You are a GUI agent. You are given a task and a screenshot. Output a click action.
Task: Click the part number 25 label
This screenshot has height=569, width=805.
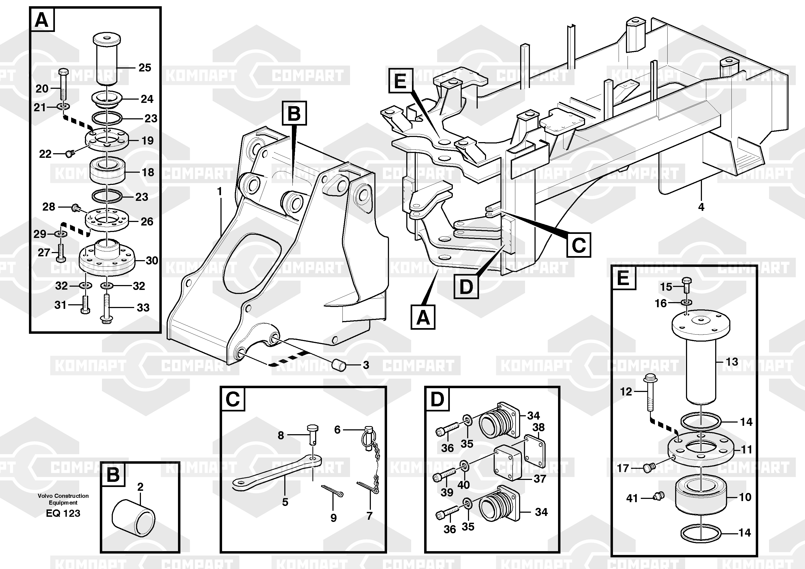(145, 67)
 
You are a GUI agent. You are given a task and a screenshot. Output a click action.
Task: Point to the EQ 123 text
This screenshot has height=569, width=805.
(63, 513)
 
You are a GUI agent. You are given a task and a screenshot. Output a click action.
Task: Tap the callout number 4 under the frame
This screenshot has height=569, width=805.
(701, 207)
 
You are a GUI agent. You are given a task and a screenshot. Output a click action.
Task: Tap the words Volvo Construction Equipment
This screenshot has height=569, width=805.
(63, 499)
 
